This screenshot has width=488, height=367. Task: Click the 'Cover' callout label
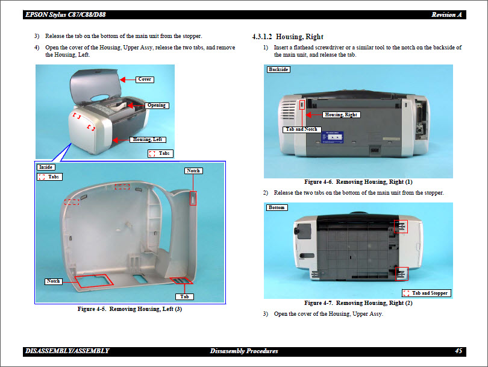[x=145, y=80]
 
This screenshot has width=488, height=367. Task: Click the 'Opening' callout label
[x=157, y=105]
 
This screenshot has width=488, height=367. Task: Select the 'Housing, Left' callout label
[x=148, y=140]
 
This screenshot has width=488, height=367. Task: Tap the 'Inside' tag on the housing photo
[x=46, y=167]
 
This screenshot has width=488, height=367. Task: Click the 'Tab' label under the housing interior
[x=185, y=296]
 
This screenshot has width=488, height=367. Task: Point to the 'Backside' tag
[x=278, y=70]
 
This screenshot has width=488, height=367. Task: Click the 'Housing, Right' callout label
[x=341, y=114]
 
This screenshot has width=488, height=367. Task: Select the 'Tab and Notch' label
[x=301, y=130]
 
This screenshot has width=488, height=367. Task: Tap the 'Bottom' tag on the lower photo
[x=277, y=208]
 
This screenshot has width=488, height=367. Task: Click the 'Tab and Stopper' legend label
[x=430, y=293]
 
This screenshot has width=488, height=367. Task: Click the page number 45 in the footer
[x=458, y=351]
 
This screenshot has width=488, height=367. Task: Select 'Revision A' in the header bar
[x=446, y=14]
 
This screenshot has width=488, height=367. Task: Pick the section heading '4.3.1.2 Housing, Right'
[x=287, y=37]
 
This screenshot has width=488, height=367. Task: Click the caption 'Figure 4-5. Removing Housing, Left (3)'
[x=130, y=309]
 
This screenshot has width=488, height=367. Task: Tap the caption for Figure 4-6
[x=358, y=181]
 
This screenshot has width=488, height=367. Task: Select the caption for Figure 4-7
[x=358, y=303]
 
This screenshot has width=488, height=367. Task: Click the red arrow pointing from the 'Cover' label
[x=128, y=80]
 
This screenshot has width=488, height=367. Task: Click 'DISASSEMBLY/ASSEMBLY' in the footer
[x=67, y=351]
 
